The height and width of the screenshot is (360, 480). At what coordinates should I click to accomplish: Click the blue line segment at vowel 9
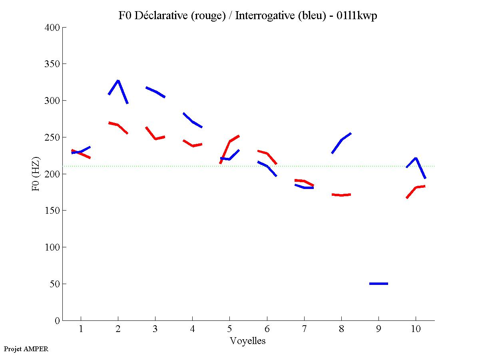click(x=378, y=284)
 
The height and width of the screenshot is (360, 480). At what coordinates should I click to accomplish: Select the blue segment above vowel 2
click(x=118, y=82)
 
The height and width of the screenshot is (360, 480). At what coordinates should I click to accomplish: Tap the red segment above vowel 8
click(x=341, y=195)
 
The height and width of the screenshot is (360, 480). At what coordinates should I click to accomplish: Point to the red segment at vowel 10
click(x=416, y=188)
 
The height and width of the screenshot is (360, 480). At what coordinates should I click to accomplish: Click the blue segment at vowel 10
click(x=416, y=159)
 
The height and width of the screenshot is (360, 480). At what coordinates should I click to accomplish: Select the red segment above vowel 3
click(x=155, y=138)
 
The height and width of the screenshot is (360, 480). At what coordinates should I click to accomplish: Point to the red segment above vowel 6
click(x=267, y=153)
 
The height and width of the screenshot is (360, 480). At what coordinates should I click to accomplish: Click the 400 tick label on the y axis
click(x=52, y=28)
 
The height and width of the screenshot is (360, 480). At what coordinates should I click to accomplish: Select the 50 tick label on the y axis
click(x=54, y=284)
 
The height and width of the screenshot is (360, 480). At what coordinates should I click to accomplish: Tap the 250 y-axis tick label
click(x=52, y=137)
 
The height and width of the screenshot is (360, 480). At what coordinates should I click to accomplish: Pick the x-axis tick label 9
click(x=378, y=329)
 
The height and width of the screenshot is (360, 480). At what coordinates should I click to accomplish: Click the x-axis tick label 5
click(x=229, y=329)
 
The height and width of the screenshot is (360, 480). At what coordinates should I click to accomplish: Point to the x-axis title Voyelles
click(x=248, y=341)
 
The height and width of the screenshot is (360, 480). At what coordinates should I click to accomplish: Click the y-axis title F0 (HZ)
click(x=36, y=174)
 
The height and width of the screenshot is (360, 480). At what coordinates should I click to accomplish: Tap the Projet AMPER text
click(x=26, y=349)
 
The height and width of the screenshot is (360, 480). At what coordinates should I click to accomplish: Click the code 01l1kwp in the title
click(x=357, y=16)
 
